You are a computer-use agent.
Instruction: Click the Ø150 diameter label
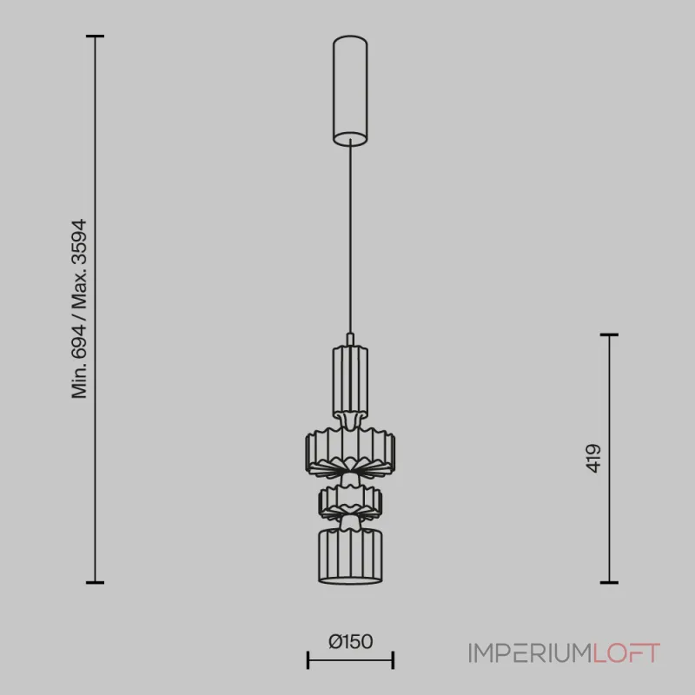tap(350, 641)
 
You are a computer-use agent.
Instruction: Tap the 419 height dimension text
tap(593, 459)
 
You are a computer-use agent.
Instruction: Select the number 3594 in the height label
tap(79, 243)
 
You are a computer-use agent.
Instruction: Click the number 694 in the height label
tap(79, 341)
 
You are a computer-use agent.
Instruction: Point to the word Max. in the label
tap(79, 291)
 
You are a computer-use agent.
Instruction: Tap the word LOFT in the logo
tap(626, 653)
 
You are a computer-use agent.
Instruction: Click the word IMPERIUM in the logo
tap(530, 653)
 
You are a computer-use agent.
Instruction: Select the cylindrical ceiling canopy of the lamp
tap(350, 91)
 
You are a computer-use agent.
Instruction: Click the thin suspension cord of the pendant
tap(350, 237)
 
